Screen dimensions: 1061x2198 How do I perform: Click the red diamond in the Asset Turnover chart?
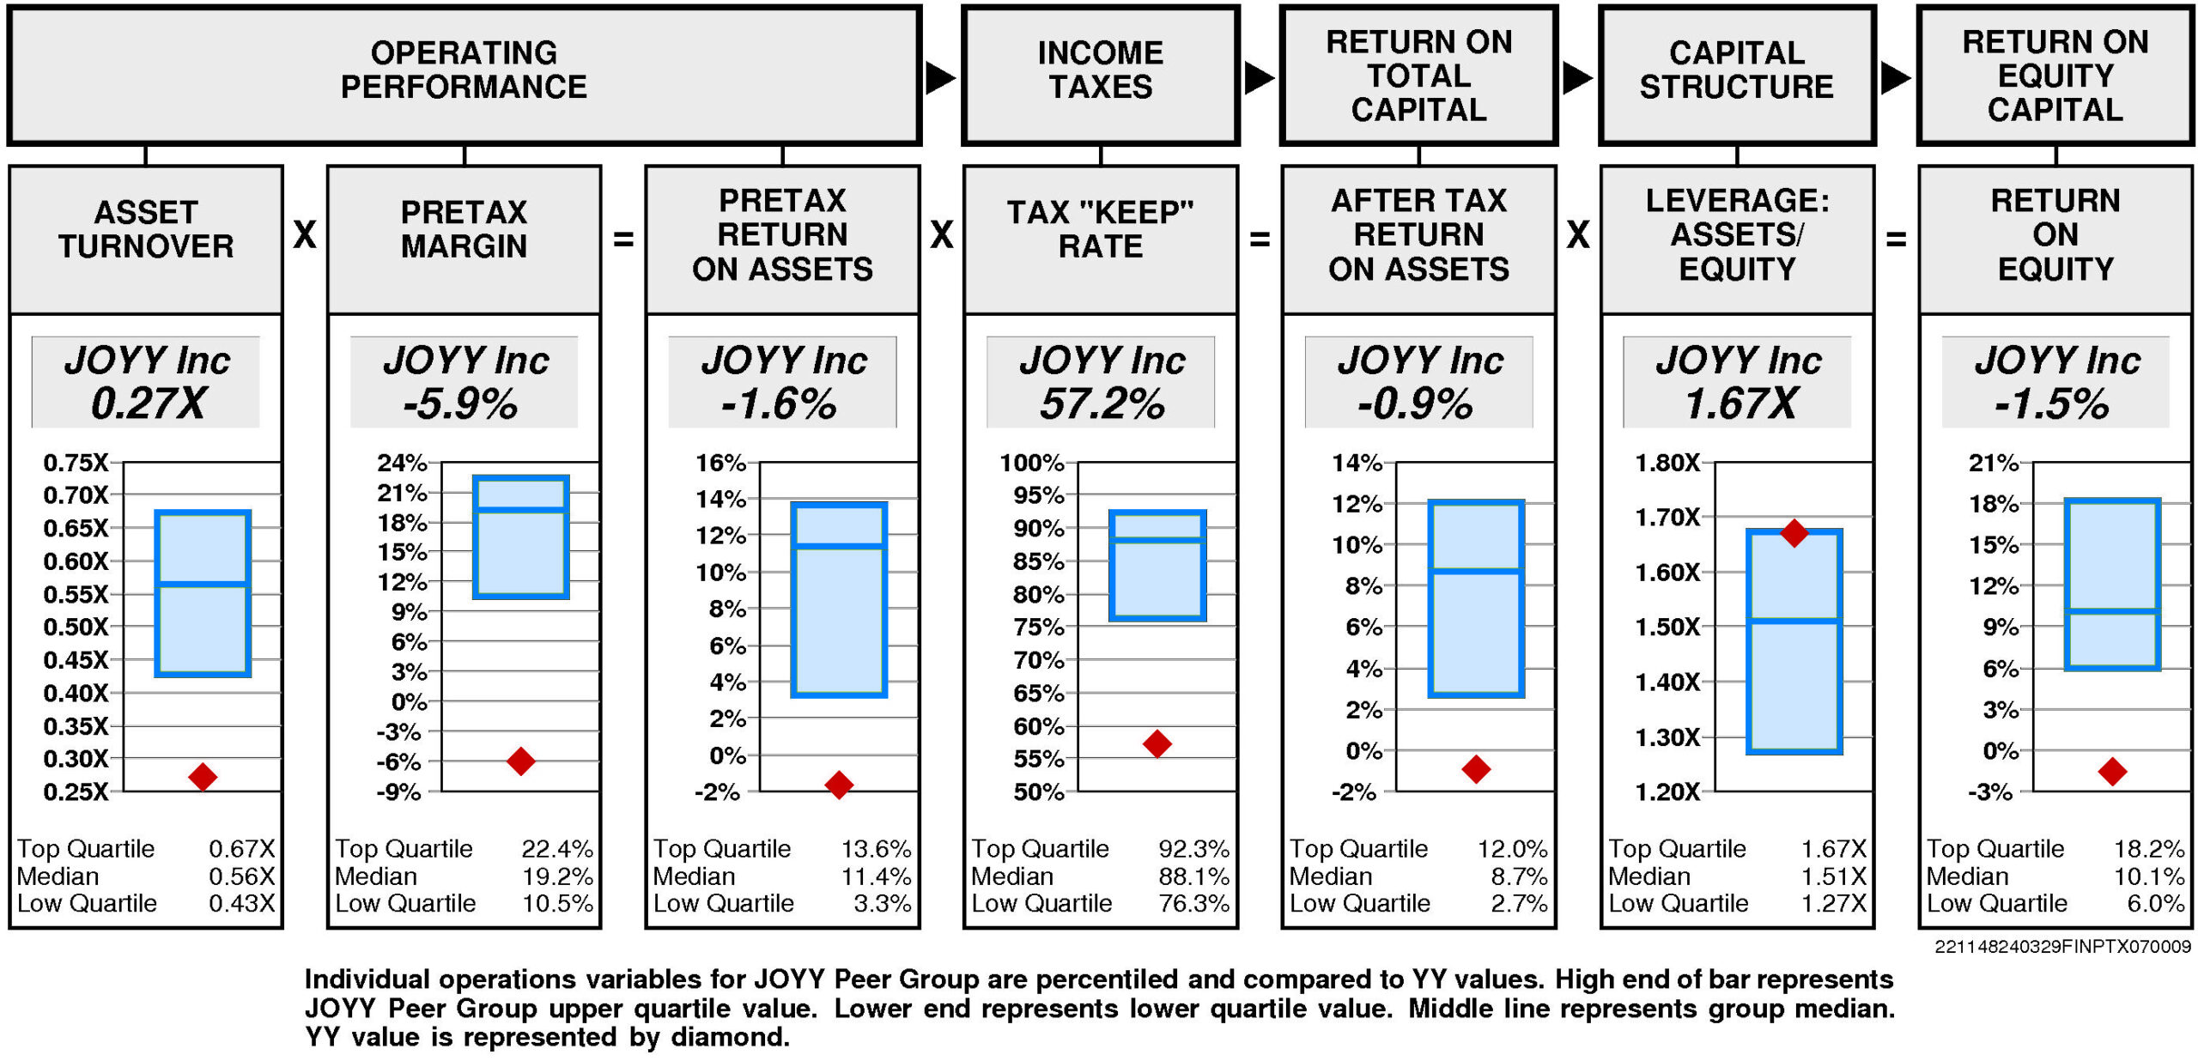pyautogui.click(x=203, y=776)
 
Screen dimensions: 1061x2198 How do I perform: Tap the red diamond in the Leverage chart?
pyautogui.click(x=1794, y=533)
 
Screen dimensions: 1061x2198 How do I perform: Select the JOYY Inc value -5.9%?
pyautogui.click(x=462, y=403)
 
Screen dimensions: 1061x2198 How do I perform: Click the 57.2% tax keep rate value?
pyautogui.click(x=1102, y=403)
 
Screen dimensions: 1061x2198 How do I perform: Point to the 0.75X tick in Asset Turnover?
pyautogui.click(x=76, y=463)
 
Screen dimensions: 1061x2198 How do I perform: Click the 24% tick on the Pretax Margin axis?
pyautogui.click(x=402, y=463)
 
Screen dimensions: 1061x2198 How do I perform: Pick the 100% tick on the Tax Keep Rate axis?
pyautogui.click(x=1031, y=463)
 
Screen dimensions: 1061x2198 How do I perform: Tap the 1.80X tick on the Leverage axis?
pyautogui.click(x=1667, y=463)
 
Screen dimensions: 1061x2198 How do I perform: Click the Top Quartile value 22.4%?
pyautogui.click(x=557, y=849)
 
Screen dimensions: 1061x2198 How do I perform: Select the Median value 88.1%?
pyautogui.click(x=1193, y=876)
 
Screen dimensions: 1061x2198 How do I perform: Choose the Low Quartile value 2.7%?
pyautogui.click(x=1519, y=903)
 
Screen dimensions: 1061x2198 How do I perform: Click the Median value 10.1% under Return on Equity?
pyautogui.click(x=2148, y=876)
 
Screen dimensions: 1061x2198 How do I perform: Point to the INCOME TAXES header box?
pyautogui.click(x=1101, y=75)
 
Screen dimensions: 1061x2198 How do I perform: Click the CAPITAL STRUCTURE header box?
pyautogui.click(x=1736, y=75)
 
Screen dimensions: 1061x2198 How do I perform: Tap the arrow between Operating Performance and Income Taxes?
pyautogui.click(x=940, y=78)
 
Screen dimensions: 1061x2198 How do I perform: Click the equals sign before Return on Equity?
pyautogui.click(x=1896, y=239)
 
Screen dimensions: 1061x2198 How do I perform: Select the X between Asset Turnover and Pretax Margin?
pyautogui.click(x=305, y=234)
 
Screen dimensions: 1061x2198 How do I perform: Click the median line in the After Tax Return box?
pyautogui.click(x=1476, y=571)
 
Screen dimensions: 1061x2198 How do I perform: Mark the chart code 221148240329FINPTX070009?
pyautogui.click(x=2062, y=947)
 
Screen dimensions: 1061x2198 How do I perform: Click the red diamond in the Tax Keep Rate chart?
pyautogui.click(x=1157, y=743)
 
